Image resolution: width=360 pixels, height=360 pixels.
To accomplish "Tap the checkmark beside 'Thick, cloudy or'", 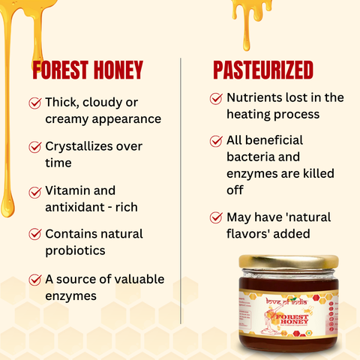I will click(34, 103).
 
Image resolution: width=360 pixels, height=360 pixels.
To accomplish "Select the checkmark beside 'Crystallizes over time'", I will click(34, 147).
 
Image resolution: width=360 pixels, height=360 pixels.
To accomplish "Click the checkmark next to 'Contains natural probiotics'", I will click(34, 235).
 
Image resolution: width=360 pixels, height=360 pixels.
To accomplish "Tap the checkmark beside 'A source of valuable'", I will click(34, 279).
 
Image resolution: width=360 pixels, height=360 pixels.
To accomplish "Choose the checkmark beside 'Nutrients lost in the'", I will click(217, 97).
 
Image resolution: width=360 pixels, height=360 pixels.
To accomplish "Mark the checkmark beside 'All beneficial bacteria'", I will click(217, 141).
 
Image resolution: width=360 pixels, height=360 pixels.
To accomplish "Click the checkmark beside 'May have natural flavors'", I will click(217, 217).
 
